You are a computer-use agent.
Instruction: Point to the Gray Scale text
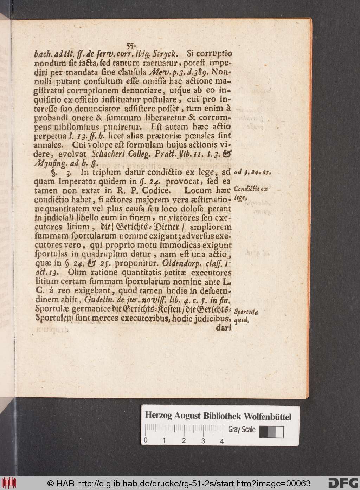click(242, 429)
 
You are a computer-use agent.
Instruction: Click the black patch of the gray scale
click(263, 432)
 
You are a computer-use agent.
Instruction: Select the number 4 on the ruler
click(221, 441)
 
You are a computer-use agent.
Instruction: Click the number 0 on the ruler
click(145, 441)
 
